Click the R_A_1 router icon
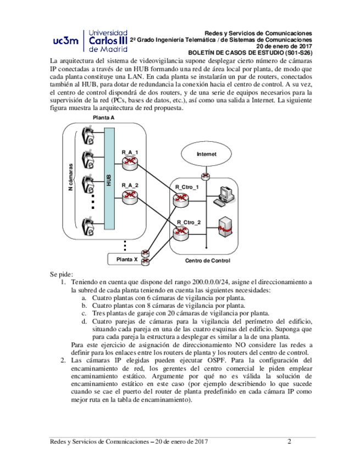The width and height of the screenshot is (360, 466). (130, 162)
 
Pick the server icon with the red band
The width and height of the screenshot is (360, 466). (224, 228)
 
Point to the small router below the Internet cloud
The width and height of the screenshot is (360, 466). (206, 176)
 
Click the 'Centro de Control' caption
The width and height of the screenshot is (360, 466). (207, 260)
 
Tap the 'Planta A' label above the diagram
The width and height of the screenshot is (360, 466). (103, 118)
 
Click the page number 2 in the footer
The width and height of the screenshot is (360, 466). (289, 441)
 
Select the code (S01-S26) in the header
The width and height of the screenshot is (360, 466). (295, 53)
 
